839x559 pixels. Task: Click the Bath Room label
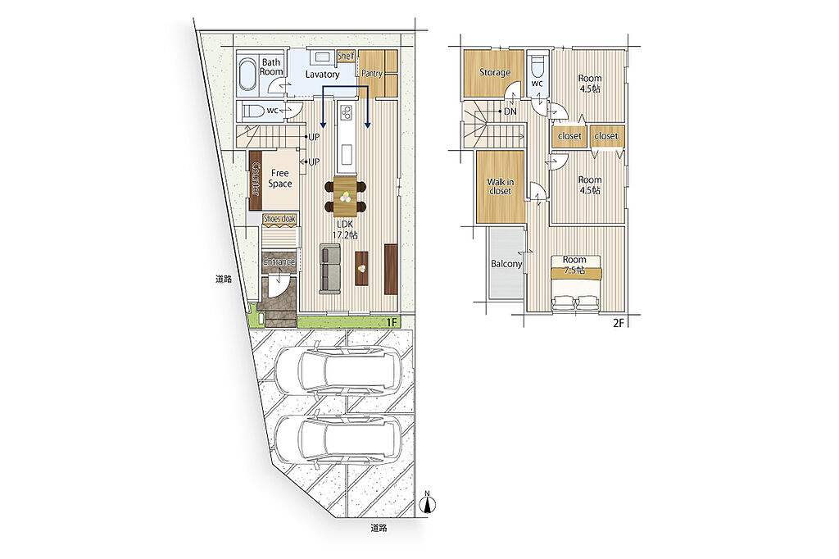[271, 67]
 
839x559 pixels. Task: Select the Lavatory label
[322, 75]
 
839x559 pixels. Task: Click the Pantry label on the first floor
[372, 73]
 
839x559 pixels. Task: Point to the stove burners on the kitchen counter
[346, 112]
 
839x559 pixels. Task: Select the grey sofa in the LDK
[329, 269]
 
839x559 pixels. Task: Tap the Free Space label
[280, 179]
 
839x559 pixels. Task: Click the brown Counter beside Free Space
[255, 180]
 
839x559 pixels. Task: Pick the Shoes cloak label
[279, 219]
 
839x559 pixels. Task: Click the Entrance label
[279, 261]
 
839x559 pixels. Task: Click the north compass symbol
[427, 503]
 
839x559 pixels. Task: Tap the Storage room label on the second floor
[494, 72]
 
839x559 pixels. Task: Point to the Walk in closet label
[500, 186]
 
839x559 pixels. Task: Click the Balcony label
[506, 264]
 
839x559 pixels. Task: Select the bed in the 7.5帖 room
[575, 283]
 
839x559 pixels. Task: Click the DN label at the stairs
[510, 111]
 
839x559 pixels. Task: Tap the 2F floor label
[619, 323]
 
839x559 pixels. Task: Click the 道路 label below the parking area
[379, 528]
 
